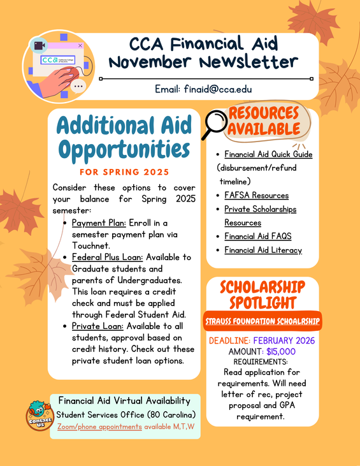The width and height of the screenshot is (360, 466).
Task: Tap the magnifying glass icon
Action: (x=215, y=124)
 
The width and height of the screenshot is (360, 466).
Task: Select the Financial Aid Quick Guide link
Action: (x=268, y=154)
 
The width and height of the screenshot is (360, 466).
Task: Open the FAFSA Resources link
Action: (x=256, y=195)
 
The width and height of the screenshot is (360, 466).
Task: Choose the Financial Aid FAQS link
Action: (x=257, y=236)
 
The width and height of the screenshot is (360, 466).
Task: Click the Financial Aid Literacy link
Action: (x=263, y=250)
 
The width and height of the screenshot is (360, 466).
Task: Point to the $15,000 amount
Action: (x=281, y=351)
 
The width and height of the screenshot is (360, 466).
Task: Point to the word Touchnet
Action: (x=90, y=244)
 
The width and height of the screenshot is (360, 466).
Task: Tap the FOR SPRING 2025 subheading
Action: (x=124, y=172)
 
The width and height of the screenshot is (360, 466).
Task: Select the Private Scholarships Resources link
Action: (x=260, y=215)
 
